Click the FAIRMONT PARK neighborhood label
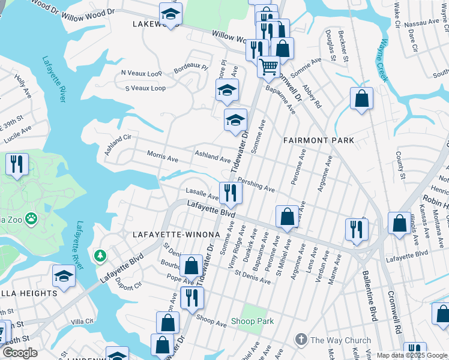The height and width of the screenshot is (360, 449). click(318, 140)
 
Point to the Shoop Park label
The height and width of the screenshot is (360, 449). click(253, 322)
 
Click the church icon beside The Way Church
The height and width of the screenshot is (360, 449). click(301, 340)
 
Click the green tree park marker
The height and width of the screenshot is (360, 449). click(99, 257)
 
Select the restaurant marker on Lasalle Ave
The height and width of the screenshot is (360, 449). click(230, 193)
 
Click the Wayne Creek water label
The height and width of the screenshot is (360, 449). click(383, 61)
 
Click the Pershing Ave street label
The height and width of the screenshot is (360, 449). click(256, 184)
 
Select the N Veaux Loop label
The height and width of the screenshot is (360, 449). click(142, 73)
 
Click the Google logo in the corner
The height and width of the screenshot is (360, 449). click(19, 353)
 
